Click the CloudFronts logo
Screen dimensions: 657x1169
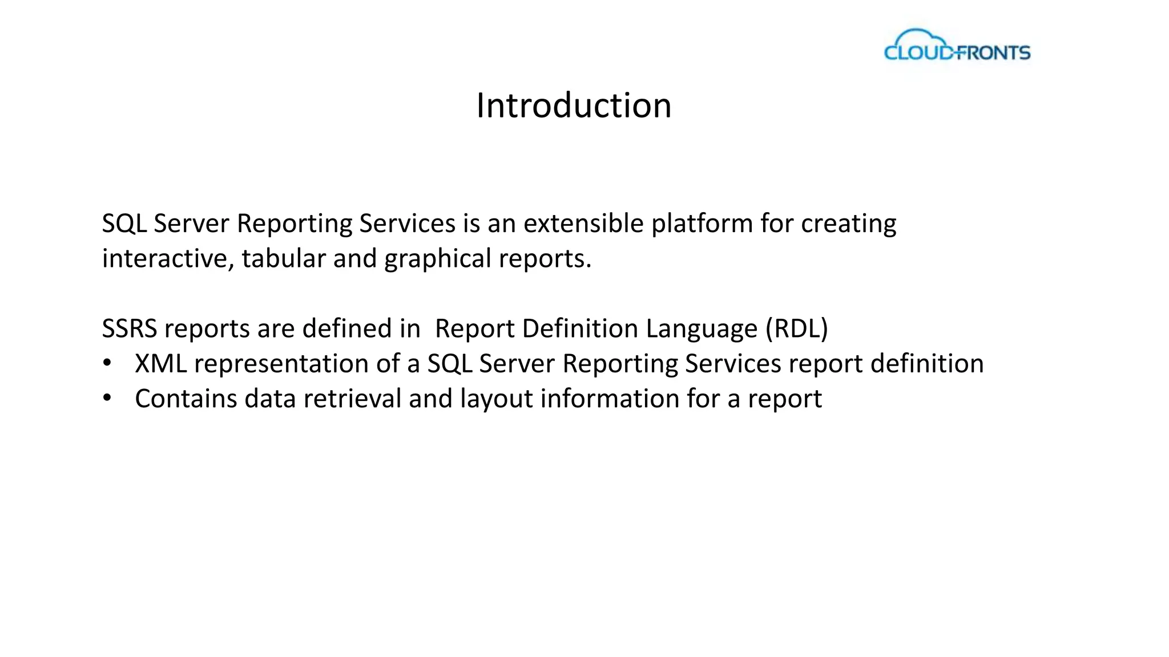pos(957,46)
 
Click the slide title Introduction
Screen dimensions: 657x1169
pos(574,106)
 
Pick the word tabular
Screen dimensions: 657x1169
pos(284,258)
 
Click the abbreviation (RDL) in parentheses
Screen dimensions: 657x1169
pos(797,328)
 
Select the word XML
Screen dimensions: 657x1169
pos(160,364)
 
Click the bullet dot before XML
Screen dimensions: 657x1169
pos(107,364)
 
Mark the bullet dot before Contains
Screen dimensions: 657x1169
pos(107,399)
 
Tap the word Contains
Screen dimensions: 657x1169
pos(186,399)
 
